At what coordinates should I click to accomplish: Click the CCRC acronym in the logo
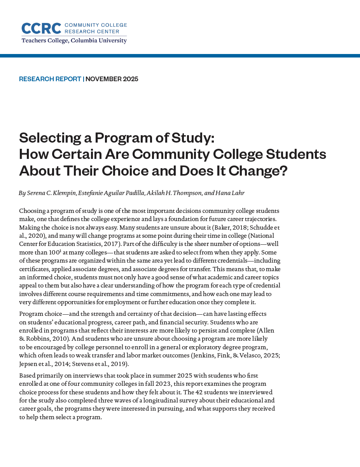(41, 28)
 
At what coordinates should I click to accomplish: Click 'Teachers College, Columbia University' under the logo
(74, 40)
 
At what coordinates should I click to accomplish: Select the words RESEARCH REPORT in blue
(50, 79)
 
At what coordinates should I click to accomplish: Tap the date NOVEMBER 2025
(112, 79)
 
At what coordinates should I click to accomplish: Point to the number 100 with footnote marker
(54, 253)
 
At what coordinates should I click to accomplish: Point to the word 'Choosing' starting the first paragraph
(31, 211)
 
